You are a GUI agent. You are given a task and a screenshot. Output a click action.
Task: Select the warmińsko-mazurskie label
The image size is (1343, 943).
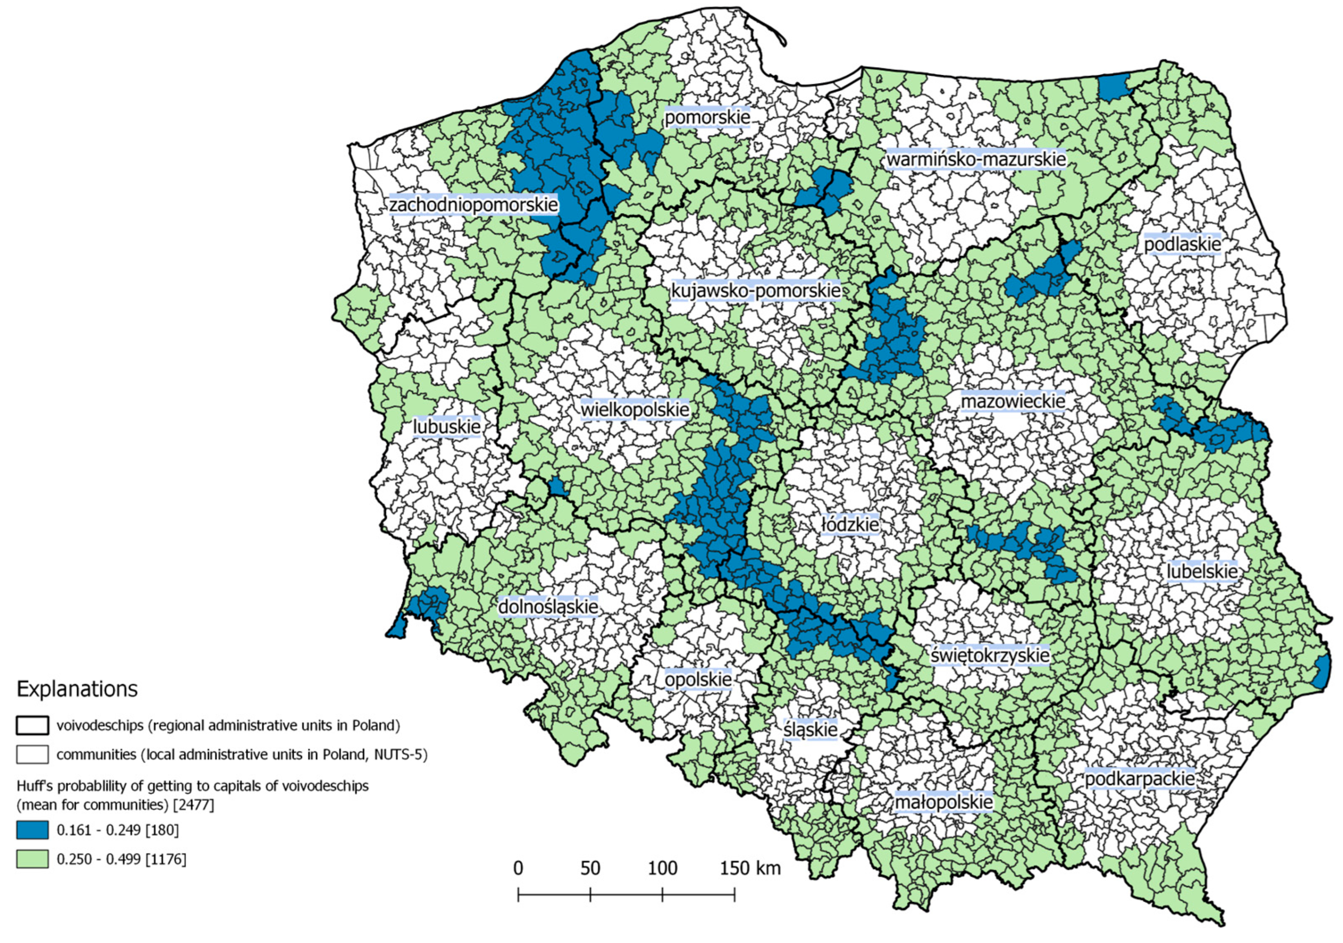tap(976, 159)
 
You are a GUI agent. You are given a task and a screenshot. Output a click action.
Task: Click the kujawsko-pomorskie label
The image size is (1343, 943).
tap(755, 291)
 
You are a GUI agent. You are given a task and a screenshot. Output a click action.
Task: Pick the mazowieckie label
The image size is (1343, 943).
tap(1012, 402)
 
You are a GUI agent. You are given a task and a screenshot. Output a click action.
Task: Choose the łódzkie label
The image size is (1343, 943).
tap(850, 524)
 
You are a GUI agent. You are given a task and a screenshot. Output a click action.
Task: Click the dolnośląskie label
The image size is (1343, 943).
tap(548, 607)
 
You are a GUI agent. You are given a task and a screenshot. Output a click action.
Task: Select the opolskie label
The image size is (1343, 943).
tap(698, 679)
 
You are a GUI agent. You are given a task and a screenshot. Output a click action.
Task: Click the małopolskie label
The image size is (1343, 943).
tap(944, 802)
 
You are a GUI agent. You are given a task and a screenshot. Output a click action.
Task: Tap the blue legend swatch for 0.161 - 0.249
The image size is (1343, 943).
tap(32, 830)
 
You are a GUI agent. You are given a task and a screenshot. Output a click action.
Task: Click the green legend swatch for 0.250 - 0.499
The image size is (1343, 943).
tap(32, 859)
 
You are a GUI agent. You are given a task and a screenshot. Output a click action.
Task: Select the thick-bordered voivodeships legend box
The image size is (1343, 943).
tap(32, 725)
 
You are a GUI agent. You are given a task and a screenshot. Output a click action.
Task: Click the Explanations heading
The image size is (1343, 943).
tap(77, 689)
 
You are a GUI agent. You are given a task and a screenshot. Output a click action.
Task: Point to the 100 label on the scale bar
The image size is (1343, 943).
tap(662, 868)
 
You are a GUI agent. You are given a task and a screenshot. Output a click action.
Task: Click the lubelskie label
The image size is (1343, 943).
tap(1202, 571)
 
